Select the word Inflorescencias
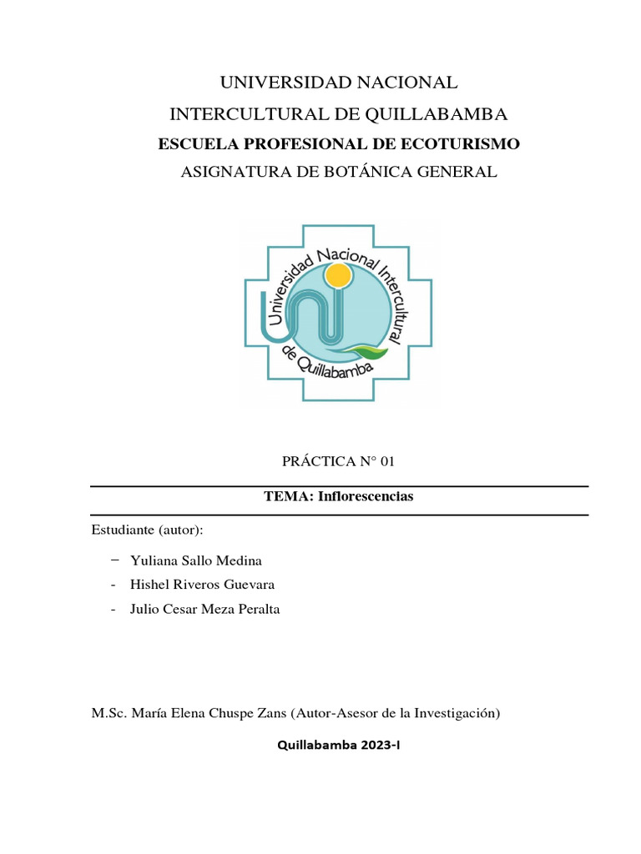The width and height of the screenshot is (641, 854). [373, 496]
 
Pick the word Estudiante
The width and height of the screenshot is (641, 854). [117, 530]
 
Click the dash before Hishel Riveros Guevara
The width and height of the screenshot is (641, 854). [113, 585]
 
